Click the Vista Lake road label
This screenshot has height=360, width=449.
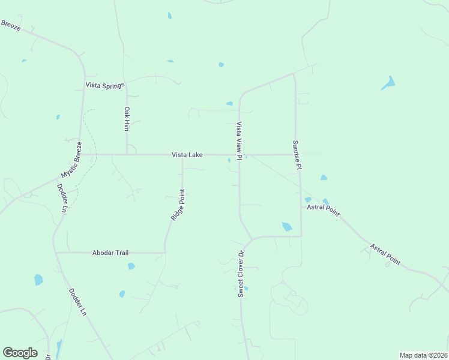click(x=187, y=155)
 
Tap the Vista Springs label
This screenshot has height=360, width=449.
click(x=104, y=85)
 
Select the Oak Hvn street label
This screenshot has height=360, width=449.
click(x=127, y=119)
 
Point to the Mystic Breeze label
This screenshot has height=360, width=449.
click(x=71, y=160)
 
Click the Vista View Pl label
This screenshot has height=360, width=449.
click(x=239, y=141)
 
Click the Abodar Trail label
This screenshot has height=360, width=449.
click(x=110, y=253)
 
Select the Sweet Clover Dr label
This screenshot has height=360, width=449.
click(x=241, y=274)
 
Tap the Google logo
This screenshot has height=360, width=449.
click(x=20, y=352)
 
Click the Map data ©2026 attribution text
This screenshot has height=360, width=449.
click(x=423, y=355)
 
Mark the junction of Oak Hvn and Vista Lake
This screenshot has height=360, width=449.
click(x=127, y=154)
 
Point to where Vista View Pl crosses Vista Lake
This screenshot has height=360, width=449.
click(x=240, y=155)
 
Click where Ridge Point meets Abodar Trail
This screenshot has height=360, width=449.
click(x=164, y=253)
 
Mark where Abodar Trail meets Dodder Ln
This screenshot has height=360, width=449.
click(x=56, y=253)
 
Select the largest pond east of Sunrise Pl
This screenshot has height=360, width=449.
click(x=388, y=83)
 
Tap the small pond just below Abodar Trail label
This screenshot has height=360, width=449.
click(x=131, y=266)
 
